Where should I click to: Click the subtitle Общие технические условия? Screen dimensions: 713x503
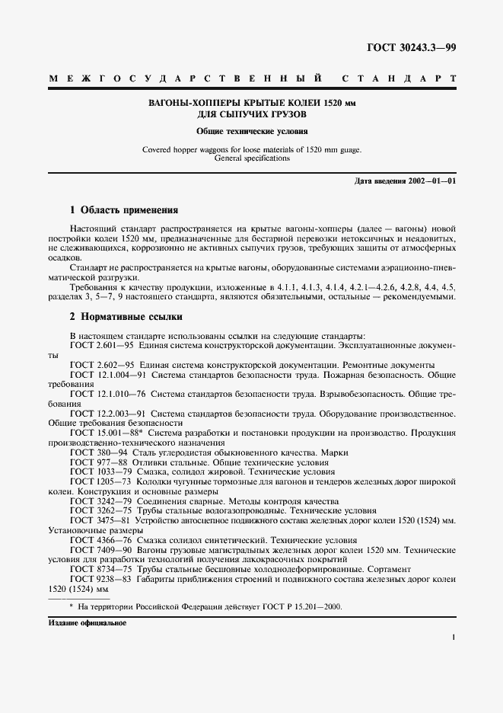tap(251, 131)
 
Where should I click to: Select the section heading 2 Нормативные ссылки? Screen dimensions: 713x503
tap(126, 316)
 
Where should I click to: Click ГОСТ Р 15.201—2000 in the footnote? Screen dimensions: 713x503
tap(301, 606)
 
